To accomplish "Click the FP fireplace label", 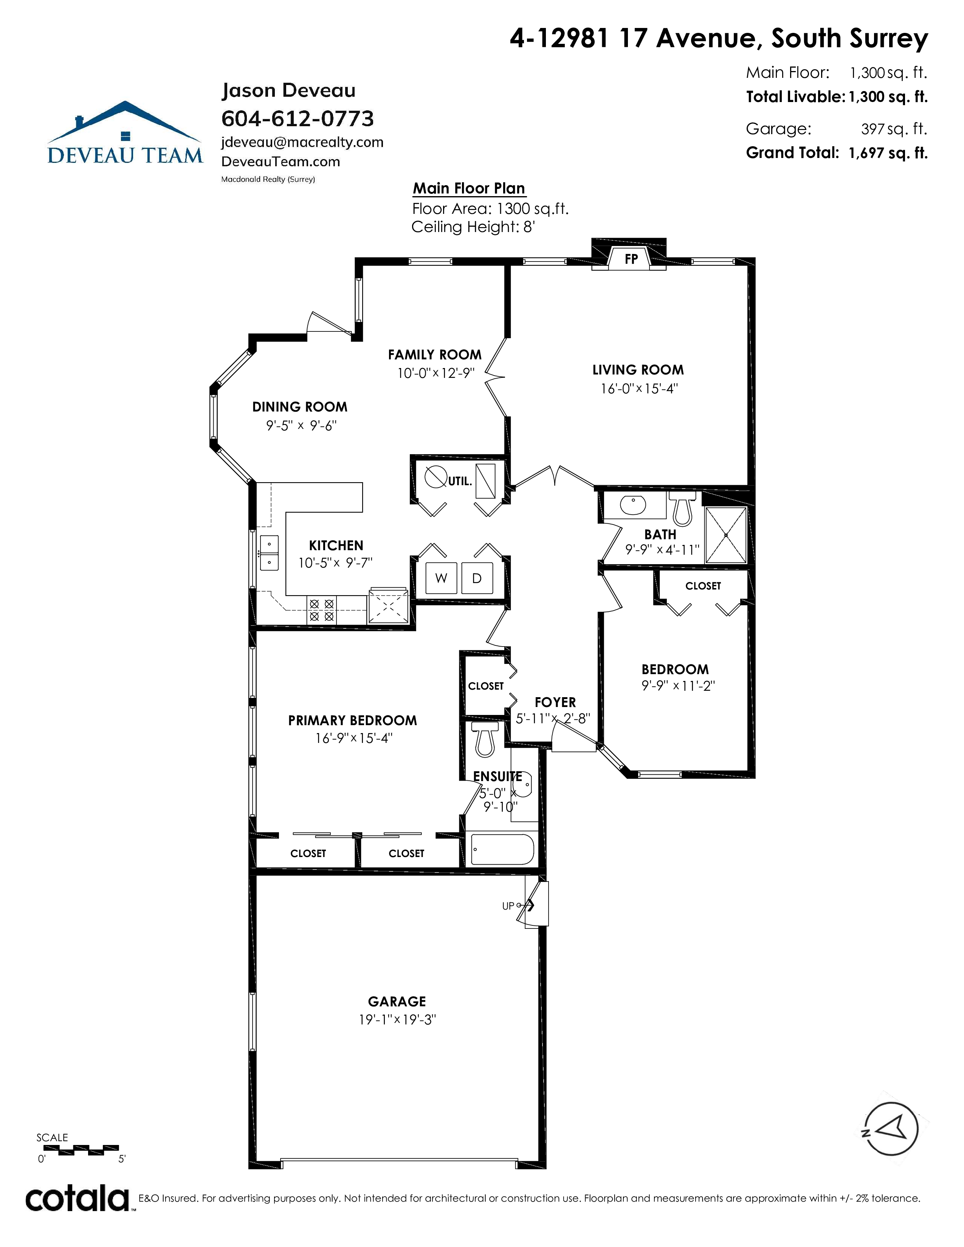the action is click(631, 259).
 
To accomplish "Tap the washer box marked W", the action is click(441, 579).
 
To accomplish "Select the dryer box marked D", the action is click(477, 579).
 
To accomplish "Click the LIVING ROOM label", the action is click(638, 370).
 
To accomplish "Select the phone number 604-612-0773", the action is click(298, 119).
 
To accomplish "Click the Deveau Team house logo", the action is click(125, 133).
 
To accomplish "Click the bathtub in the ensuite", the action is click(502, 849).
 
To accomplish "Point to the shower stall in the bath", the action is click(726, 535).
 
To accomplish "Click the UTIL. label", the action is click(460, 481).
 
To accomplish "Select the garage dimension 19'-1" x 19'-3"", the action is click(397, 1020).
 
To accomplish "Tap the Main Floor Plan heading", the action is click(469, 189).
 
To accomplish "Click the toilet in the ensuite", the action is click(485, 739).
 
